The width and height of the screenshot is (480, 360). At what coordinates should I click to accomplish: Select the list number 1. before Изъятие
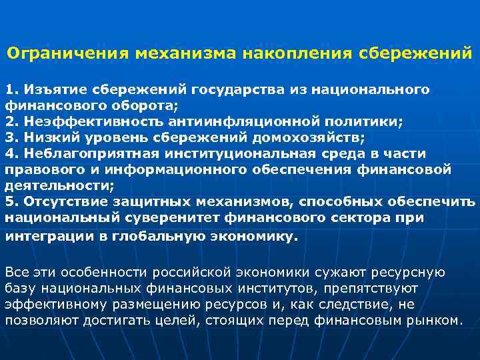click(13, 89)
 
